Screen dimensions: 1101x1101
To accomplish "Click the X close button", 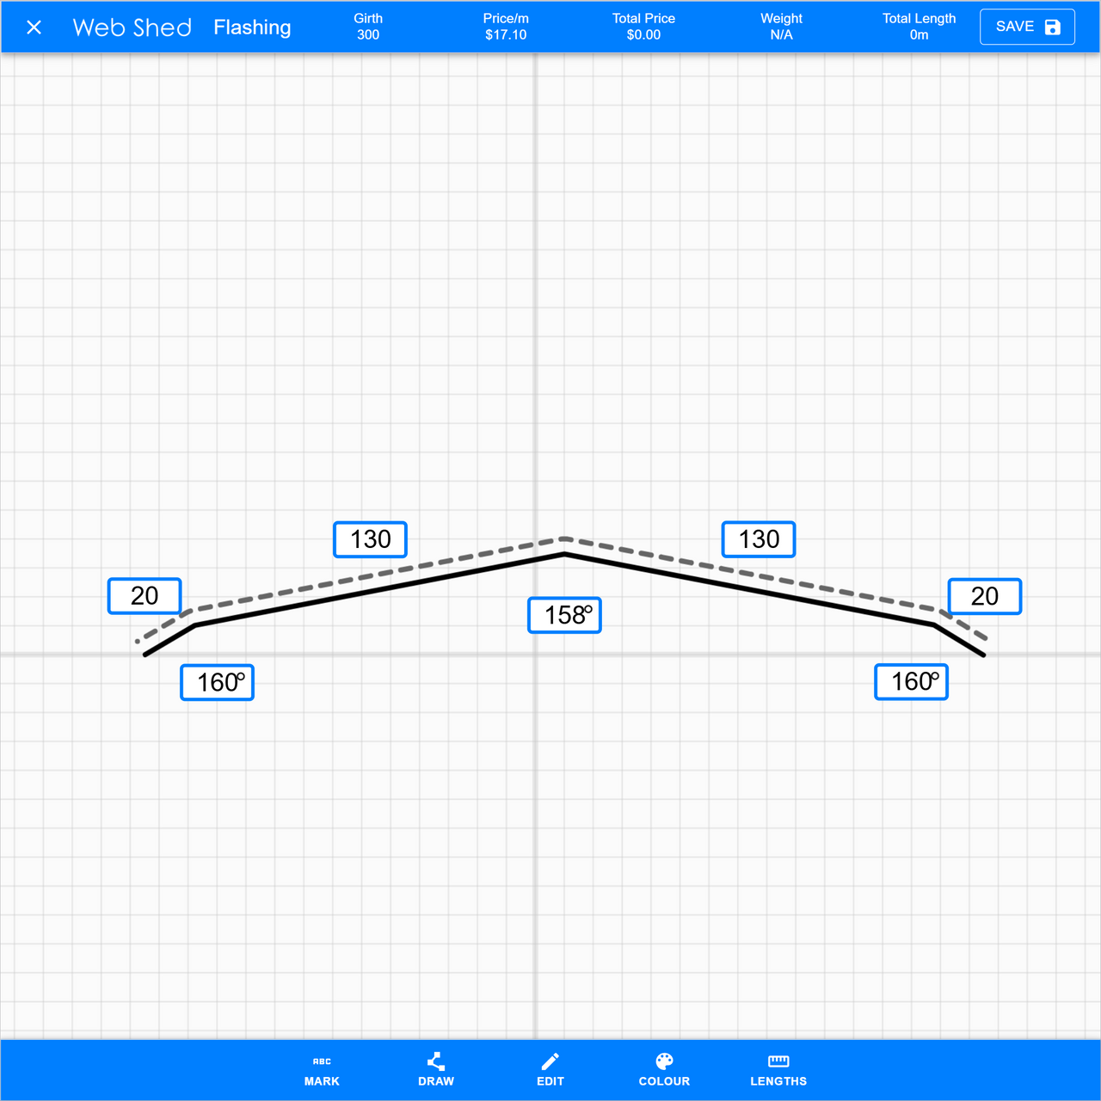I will pyautogui.click(x=34, y=28).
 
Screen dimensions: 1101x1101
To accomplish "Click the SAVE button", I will pyautogui.click(x=1027, y=27).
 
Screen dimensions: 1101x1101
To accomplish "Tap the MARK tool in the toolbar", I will pyautogui.click(x=322, y=1070).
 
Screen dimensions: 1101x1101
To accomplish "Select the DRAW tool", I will pyautogui.click(x=436, y=1070).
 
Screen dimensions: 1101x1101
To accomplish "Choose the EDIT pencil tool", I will pyautogui.click(x=550, y=1070).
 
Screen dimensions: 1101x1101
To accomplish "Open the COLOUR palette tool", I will pyautogui.click(x=664, y=1070).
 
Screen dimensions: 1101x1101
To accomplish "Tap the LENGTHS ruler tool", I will pyautogui.click(x=778, y=1070).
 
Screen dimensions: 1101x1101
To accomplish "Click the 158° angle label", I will pyautogui.click(x=564, y=615).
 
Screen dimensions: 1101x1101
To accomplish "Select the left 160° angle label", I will pyautogui.click(x=218, y=682).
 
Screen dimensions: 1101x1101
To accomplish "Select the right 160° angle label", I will pyautogui.click(x=912, y=681).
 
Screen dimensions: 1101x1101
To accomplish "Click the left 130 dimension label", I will pyautogui.click(x=370, y=539).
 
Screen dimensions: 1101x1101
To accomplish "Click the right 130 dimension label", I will pyautogui.click(x=759, y=539).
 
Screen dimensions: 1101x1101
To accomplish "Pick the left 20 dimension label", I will pyautogui.click(x=145, y=596).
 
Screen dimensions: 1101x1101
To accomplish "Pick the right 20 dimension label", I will pyautogui.click(x=985, y=596).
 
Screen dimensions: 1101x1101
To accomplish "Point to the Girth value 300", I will pyautogui.click(x=368, y=35).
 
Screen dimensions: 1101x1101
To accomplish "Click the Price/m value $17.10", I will pyautogui.click(x=506, y=35).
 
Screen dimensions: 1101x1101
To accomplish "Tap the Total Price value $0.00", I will pyautogui.click(x=643, y=35).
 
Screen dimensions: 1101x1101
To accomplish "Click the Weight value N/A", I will pyautogui.click(x=781, y=35).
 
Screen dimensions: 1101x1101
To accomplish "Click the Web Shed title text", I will pyautogui.click(x=132, y=28).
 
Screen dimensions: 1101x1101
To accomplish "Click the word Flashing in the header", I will pyautogui.click(x=252, y=28).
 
